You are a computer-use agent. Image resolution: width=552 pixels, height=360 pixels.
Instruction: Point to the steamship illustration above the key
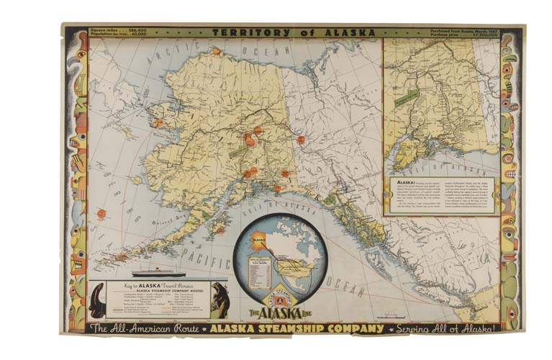(158, 273)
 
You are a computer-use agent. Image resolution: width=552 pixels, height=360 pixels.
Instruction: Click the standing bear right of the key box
(220, 300)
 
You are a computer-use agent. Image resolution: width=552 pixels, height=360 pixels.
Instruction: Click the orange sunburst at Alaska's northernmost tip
(215, 51)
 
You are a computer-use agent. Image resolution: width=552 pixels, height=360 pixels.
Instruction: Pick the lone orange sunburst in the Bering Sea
(101, 214)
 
